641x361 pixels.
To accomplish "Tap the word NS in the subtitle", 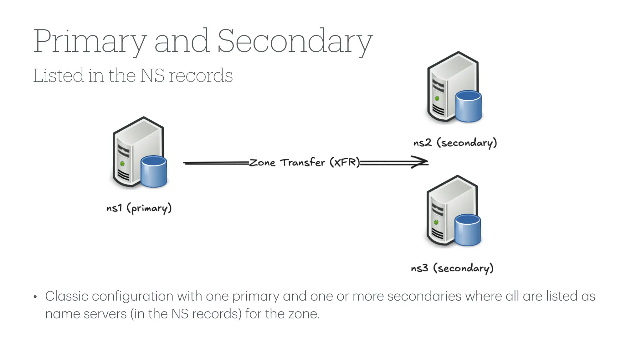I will click(x=152, y=76).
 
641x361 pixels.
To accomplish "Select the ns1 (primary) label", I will click(x=139, y=208).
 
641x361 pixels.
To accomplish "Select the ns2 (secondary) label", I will click(x=455, y=143).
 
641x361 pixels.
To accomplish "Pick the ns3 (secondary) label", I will click(x=452, y=268).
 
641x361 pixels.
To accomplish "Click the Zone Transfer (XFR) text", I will click(x=305, y=163).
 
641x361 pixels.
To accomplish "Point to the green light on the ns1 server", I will click(x=122, y=164).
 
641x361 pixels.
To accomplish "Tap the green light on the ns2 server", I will click(x=437, y=98).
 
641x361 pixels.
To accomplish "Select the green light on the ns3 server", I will click(x=436, y=222).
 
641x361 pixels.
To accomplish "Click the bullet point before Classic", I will click(x=35, y=297).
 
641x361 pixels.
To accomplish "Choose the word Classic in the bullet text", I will click(x=67, y=296).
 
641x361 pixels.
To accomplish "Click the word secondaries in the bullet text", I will click(x=424, y=296).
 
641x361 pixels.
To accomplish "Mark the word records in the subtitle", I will click(x=201, y=76).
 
